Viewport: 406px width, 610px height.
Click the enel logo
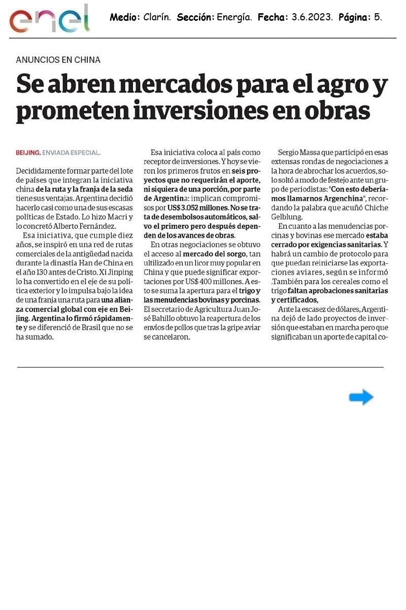[x=49, y=19]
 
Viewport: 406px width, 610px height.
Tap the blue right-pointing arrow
[x=361, y=397]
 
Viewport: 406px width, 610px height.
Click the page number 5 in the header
[x=377, y=18]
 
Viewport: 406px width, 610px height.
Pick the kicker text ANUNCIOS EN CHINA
[x=58, y=59]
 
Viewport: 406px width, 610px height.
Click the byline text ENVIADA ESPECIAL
[x=72, y=152]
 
